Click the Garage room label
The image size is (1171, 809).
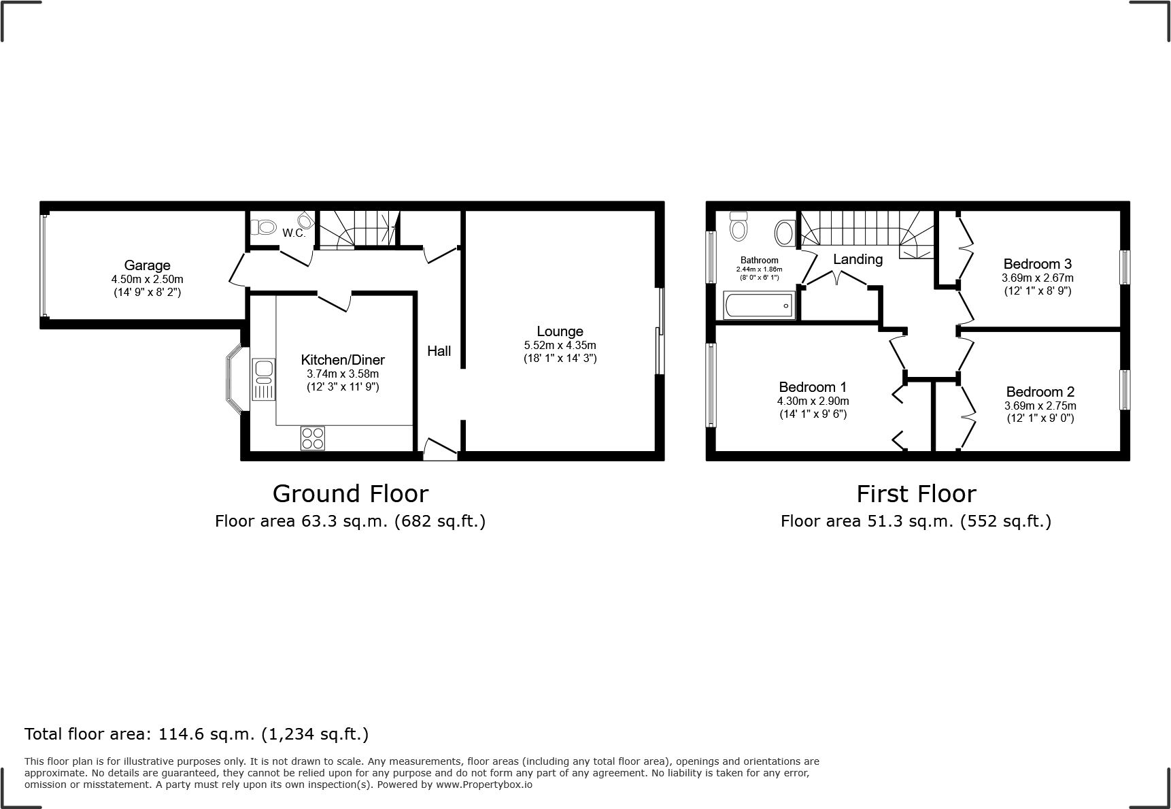click(147, 265)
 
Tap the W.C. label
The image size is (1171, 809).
click(294, 233)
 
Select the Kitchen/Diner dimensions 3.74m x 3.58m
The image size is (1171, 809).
click(343, 374)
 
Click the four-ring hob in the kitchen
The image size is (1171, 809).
click(313, 437)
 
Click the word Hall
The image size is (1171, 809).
click(439, 351)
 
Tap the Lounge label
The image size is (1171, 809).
click(560, 331)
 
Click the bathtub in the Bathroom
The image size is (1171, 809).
click(760, 306)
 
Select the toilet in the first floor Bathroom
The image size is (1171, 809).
click(738, 226)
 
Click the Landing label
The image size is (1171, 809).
click(858, 259)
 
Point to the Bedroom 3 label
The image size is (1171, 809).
click(1037, 264)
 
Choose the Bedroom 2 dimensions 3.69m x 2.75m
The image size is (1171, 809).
click(1040, 406)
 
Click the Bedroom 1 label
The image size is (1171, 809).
click(813, 387)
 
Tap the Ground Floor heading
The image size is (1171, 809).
click(350, 493)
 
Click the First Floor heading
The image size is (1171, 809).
click(916, 493)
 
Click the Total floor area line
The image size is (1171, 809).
click(197, 734)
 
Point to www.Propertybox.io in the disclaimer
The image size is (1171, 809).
click(484, 785)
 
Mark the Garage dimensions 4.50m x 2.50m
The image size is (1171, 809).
click(147, 280)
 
